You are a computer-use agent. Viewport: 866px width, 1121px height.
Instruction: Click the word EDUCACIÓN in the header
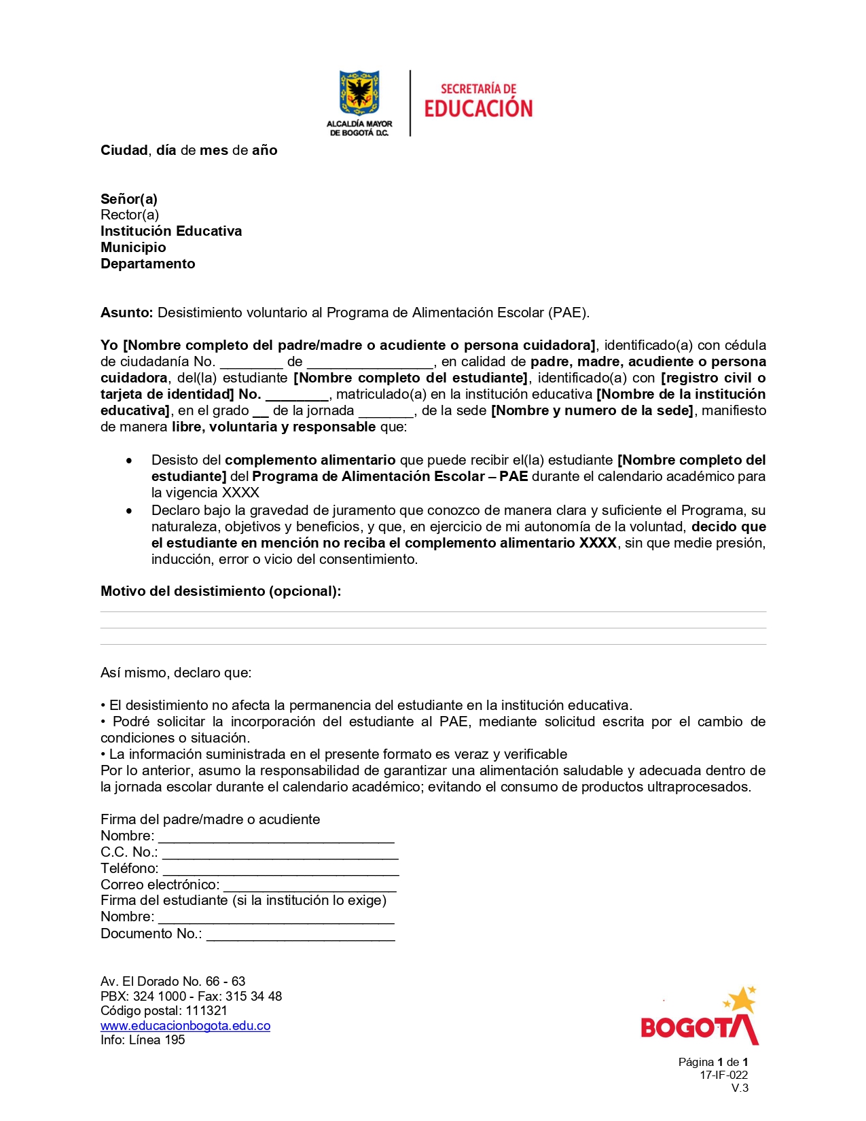478,109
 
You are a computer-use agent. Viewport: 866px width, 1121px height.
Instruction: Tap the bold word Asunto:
127,313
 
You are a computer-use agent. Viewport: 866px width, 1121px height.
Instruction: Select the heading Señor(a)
129,199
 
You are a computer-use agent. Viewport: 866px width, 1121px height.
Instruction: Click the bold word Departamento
147,264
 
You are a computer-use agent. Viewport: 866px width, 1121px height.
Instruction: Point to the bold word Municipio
133,247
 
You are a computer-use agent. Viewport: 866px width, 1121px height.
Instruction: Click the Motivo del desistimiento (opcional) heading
221,591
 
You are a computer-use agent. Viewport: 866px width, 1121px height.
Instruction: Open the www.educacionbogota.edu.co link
185,1026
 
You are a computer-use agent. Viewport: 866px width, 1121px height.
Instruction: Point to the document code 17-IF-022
723,1075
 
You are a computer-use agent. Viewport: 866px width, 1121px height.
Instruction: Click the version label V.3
740,1088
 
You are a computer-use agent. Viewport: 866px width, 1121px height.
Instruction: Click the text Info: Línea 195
143,1040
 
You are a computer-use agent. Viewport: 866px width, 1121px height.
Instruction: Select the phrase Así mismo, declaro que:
176,673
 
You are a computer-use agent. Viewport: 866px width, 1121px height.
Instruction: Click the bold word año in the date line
264,150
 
